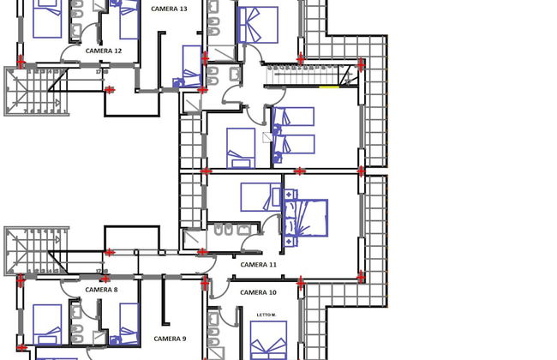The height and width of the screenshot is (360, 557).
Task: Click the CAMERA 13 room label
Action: tap(169, 9)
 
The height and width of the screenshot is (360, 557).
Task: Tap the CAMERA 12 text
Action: tap(104, 51)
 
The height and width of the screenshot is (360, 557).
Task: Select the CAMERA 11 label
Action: tap(258, 265)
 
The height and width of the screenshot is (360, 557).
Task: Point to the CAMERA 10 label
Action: tap(258, 293)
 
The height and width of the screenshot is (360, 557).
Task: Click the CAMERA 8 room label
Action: tap(100, 290)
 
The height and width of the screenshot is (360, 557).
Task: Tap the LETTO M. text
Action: tap(267, 315)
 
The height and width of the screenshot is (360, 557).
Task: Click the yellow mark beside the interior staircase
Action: tap(327, 87)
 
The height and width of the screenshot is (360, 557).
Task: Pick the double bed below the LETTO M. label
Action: tap(269, 345)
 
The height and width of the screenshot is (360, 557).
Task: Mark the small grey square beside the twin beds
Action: tap(267, 136)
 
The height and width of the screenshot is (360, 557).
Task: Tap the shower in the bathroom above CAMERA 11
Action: tap(193, 239)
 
